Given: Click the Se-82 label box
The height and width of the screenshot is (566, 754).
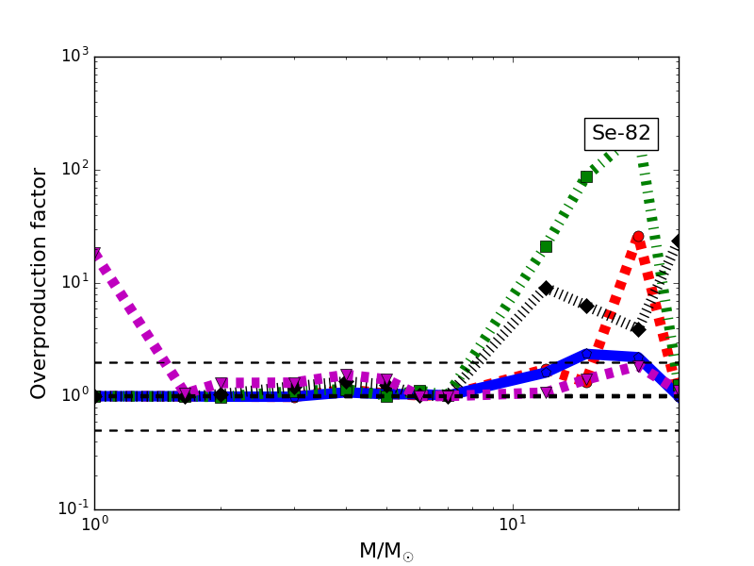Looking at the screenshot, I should coord(621,134).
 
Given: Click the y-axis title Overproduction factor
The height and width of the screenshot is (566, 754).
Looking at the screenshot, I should coord(40,283).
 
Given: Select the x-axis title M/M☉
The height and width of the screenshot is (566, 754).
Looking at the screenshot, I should coord(385,551).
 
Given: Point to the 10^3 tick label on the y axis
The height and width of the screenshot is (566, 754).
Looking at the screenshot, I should coord(74,56).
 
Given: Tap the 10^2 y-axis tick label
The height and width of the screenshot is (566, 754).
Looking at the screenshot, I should coord(74,169).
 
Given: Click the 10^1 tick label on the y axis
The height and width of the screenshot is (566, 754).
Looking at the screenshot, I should coord(74,282).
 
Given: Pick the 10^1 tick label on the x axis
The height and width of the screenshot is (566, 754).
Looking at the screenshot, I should coord(513,526).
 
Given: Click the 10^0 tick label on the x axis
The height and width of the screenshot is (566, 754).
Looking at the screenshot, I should coord(94,526).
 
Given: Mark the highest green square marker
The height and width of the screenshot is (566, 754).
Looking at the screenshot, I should coord(586,176).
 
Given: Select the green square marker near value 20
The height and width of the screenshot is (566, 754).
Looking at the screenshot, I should coord(546,246).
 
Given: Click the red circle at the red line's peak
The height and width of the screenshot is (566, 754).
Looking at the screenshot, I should coord(638,237).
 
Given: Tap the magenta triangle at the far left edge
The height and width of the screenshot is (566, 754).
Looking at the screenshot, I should coord(95,254).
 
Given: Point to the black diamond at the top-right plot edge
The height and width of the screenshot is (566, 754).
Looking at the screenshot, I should coord(677,241).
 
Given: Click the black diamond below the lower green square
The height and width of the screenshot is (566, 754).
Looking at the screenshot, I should coord(546,288).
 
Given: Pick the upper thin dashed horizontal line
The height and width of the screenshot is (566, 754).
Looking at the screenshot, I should coord(283,362).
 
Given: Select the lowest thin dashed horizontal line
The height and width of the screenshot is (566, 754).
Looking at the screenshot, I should coord(283,430).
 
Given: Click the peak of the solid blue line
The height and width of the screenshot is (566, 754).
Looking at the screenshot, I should coord(586,355).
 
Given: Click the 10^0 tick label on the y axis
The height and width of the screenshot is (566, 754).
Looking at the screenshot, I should coord(74,395).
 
